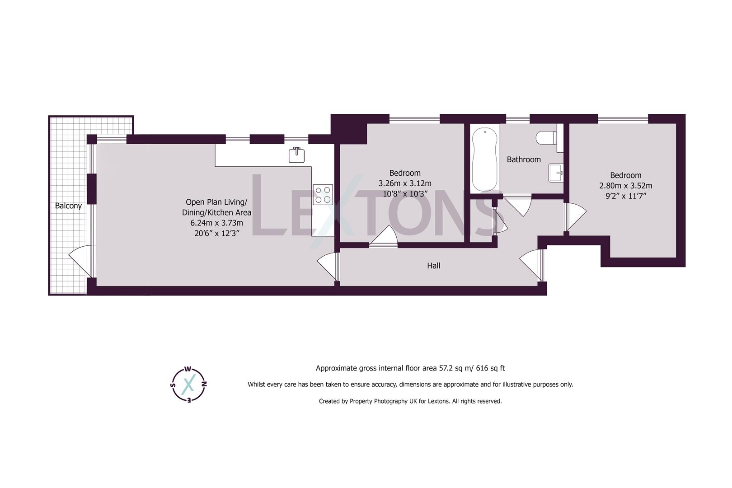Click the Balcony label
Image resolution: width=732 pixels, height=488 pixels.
[68, 206]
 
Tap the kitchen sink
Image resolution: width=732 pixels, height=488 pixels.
[297, 155]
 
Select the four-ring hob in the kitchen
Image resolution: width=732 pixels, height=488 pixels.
[323, 194]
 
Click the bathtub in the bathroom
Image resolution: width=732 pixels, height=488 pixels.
[485, 160]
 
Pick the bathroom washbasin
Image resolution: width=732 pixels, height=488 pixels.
[556, 172]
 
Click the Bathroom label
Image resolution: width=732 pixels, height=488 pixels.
[524, 160]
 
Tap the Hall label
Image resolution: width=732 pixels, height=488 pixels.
[433, 266]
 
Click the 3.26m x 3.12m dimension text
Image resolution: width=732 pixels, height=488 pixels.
[404, 183]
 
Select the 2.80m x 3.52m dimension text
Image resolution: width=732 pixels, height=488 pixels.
[625, 186]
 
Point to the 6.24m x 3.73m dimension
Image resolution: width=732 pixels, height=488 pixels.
[216, 223]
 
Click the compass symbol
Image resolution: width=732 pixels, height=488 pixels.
[189, 384]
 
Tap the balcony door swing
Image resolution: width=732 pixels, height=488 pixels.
[81, 260]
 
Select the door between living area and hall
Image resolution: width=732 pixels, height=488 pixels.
[328, 266]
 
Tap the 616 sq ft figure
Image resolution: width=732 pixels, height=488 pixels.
[489, 368]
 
